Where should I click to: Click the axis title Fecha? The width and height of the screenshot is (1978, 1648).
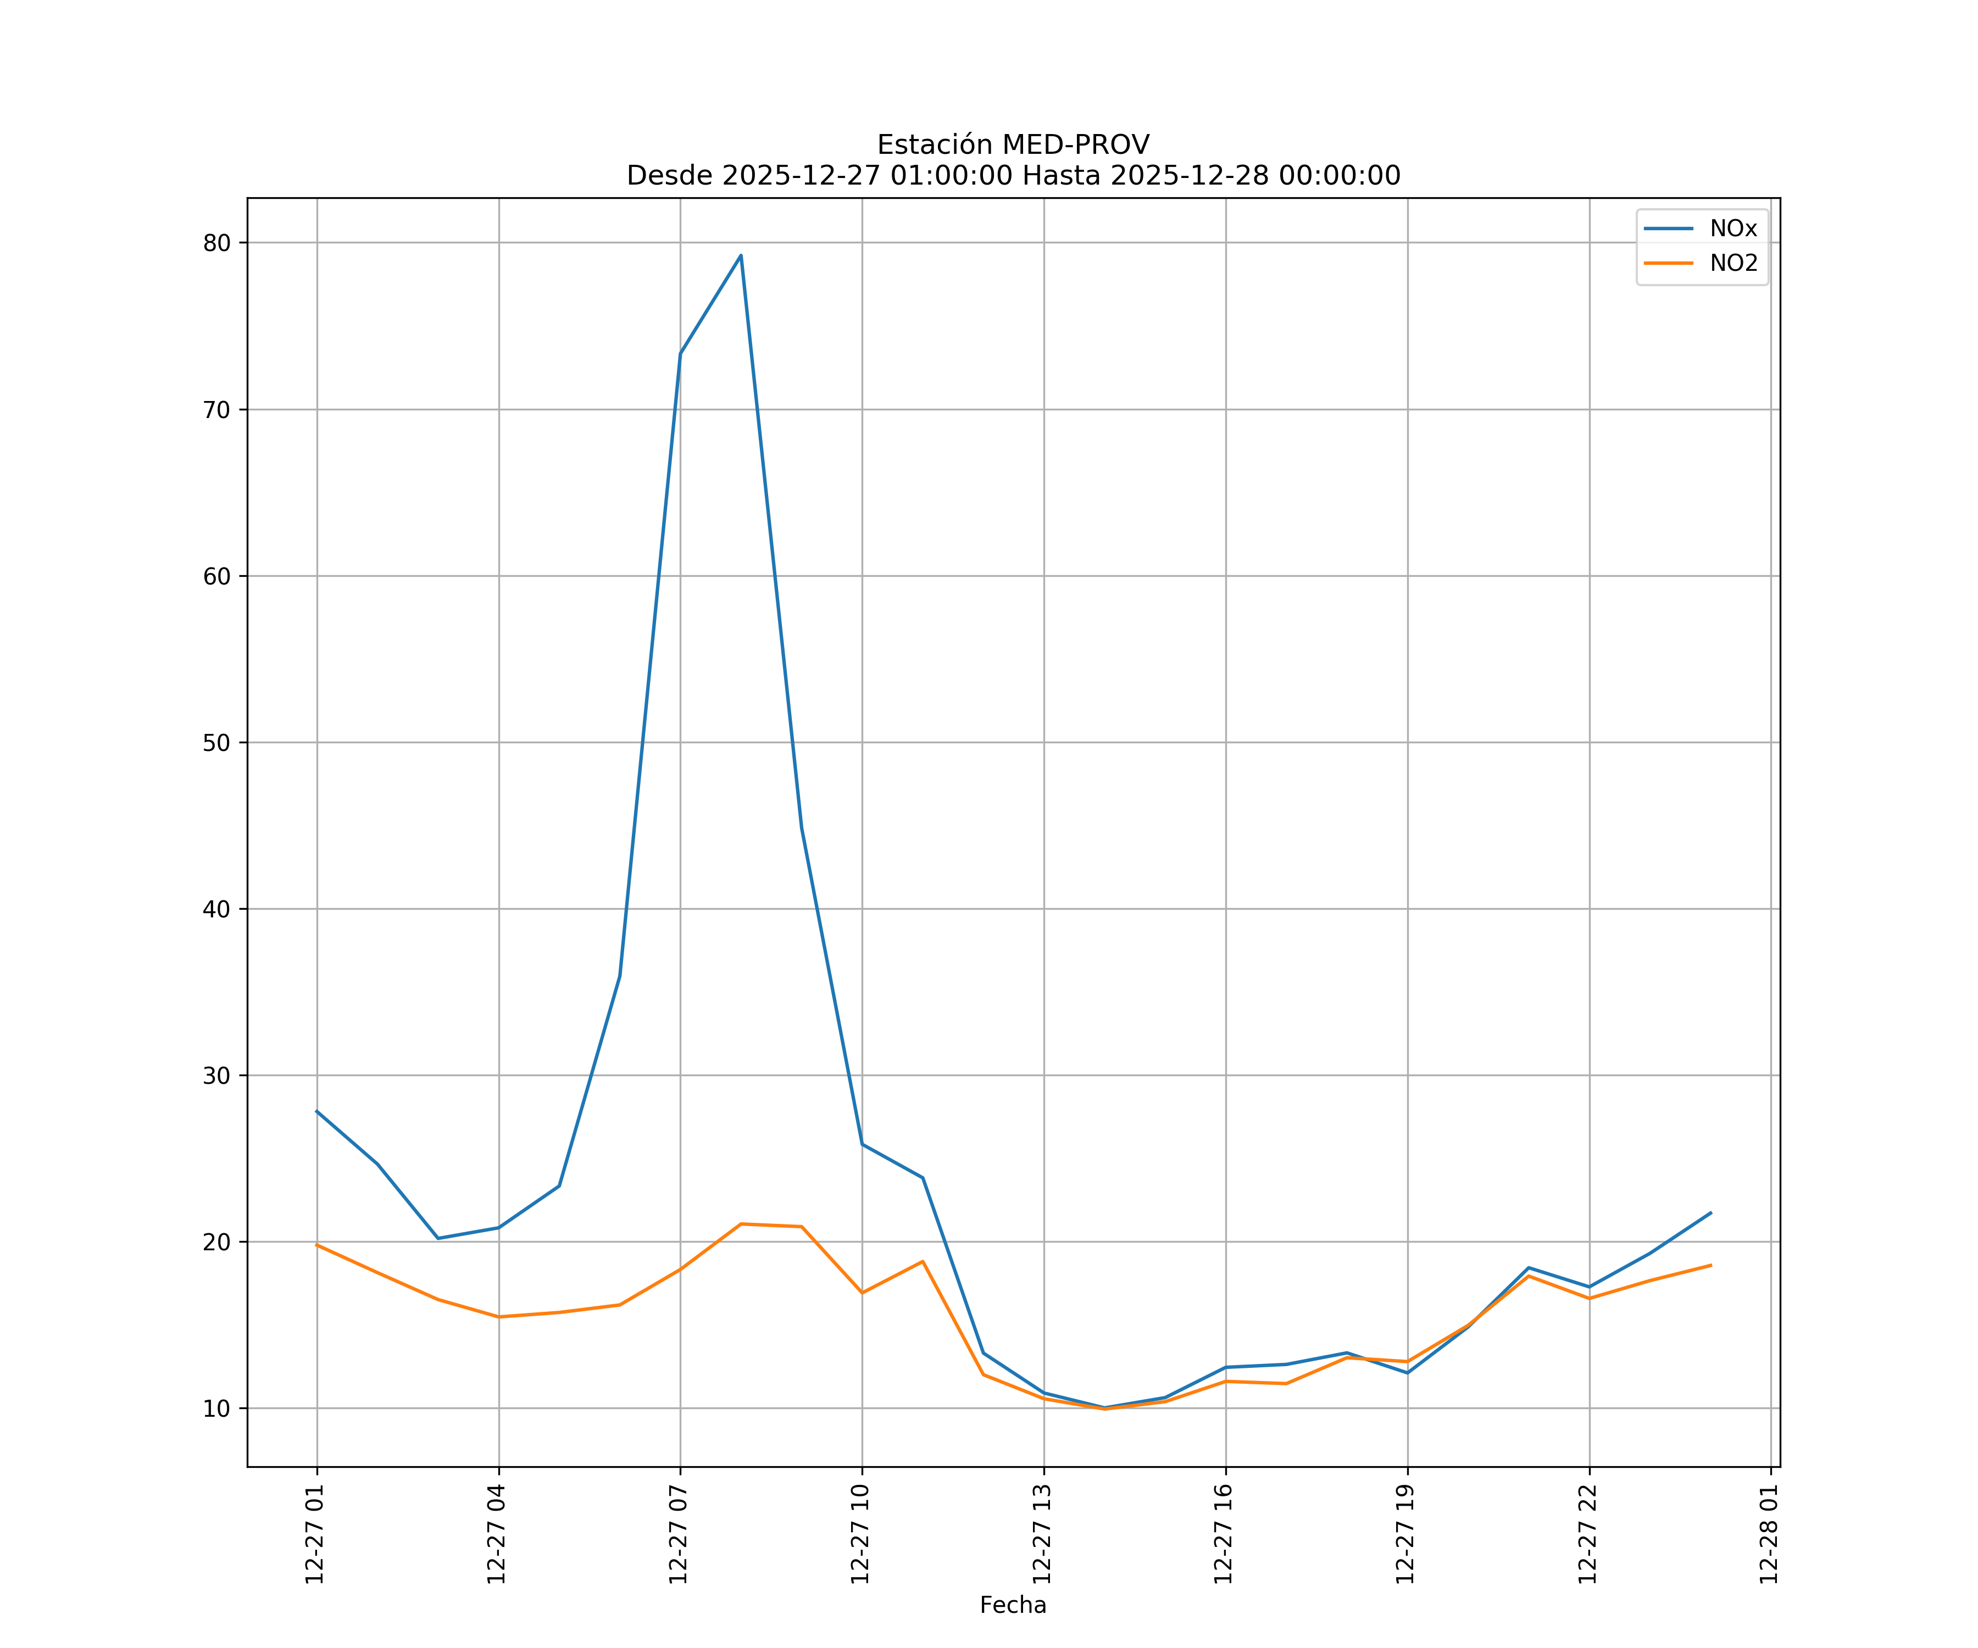pos(1013,1605)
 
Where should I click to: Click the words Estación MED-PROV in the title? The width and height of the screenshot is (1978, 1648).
pos(1013,145)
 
